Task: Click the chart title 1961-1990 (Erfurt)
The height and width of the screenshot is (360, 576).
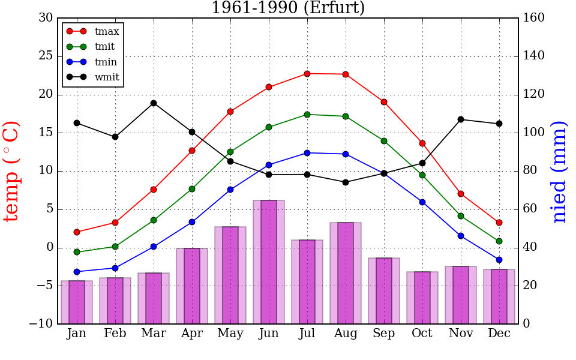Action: (x=288, y=8)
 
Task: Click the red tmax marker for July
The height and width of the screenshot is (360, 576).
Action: (x=307, y=74)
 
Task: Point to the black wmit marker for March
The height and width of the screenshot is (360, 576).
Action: (x=154, y=103)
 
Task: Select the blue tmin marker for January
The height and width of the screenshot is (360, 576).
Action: (x=77, y=272)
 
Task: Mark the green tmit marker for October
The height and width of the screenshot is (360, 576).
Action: (x=422, y=175)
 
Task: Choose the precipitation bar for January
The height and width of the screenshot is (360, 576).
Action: (x=77, y=302)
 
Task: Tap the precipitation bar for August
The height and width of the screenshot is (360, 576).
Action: (x=346, y=273)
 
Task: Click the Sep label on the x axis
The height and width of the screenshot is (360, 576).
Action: (x=384, y=334)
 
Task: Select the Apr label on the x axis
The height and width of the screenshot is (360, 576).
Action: (x=192, y=334)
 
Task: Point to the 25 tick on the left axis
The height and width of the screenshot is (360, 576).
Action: (x=46, y=56)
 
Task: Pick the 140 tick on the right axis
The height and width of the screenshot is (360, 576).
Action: (x=534, y=56)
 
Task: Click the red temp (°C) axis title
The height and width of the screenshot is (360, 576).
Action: (x=12, y=171)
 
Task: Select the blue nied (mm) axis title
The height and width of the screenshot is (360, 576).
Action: (x=559, y=171)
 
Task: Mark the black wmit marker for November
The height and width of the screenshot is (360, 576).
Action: (x=461, y=119)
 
